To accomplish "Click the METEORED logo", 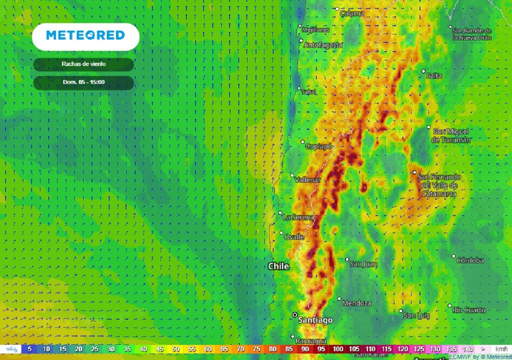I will point(85,35).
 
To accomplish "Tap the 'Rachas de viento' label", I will point(83,64).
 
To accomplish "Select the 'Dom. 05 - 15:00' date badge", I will point(83,82).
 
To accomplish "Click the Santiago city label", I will point(315,320).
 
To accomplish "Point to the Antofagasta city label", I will point(323,45).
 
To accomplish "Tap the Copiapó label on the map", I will point(319,146).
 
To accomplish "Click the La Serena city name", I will point(298,217).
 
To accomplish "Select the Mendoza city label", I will point(357,303).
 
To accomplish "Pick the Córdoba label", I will point(470,260).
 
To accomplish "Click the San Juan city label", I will point(363,263).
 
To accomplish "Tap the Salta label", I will point(434,76).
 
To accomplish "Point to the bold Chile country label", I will point(278,266).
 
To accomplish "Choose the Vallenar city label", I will point(308,180).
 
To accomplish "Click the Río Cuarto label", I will point(469,310).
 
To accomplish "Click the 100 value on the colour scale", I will point(338,349).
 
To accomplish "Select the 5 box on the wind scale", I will point(29,349).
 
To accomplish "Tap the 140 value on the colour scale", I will point(467,349).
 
